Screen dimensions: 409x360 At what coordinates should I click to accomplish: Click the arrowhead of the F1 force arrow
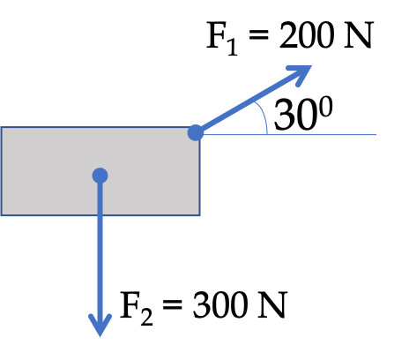pyautogui.click(x=302, y=73)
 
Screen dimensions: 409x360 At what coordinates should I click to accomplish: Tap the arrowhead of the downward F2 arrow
pyautogui.click(x=100, y=326)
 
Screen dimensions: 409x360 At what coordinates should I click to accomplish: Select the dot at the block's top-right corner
pyautogui.click(x=196, y=132)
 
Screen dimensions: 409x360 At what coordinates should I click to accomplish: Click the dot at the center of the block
pyautogui.click(x=100, y=176)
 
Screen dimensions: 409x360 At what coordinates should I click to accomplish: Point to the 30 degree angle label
pyautogui.click(x=303, y=113)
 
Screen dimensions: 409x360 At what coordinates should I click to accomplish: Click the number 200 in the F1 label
pyautogui.click(x=307, y=35)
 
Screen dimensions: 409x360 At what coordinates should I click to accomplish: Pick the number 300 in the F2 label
pyautogui.click(x=219, y=304)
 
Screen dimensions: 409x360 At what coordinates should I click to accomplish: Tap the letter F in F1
pyautogui.click(x=217, y=35)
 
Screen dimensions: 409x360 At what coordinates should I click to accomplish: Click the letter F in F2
pyautogui.click(x=130, y=305)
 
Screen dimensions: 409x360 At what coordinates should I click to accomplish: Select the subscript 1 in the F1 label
pyautogui.click(x=233, y=47)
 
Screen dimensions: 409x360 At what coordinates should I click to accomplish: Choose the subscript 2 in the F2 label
pyautogui.click(x=146, y=317)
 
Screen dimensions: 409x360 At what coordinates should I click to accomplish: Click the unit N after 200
pyautogui.click(x=359, y=35)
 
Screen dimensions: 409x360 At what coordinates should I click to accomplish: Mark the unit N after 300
pyautogui.click(x=272, y=305)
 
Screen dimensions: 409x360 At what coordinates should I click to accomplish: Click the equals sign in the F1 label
pyautogui.click(x=258, y=35)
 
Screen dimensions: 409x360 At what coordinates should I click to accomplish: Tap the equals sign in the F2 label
pyautogui.click(x=173, y=304)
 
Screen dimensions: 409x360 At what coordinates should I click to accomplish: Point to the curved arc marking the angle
pyautogui.click(x=264, y=116)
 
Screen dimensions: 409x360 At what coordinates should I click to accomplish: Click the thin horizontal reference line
pyautogui.click(x=289, y=134)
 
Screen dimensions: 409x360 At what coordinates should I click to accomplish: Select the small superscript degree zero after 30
pyautogui.click(x=326, y=107)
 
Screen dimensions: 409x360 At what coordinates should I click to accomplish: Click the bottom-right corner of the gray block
pyautogui.click(x=200, y=215)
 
